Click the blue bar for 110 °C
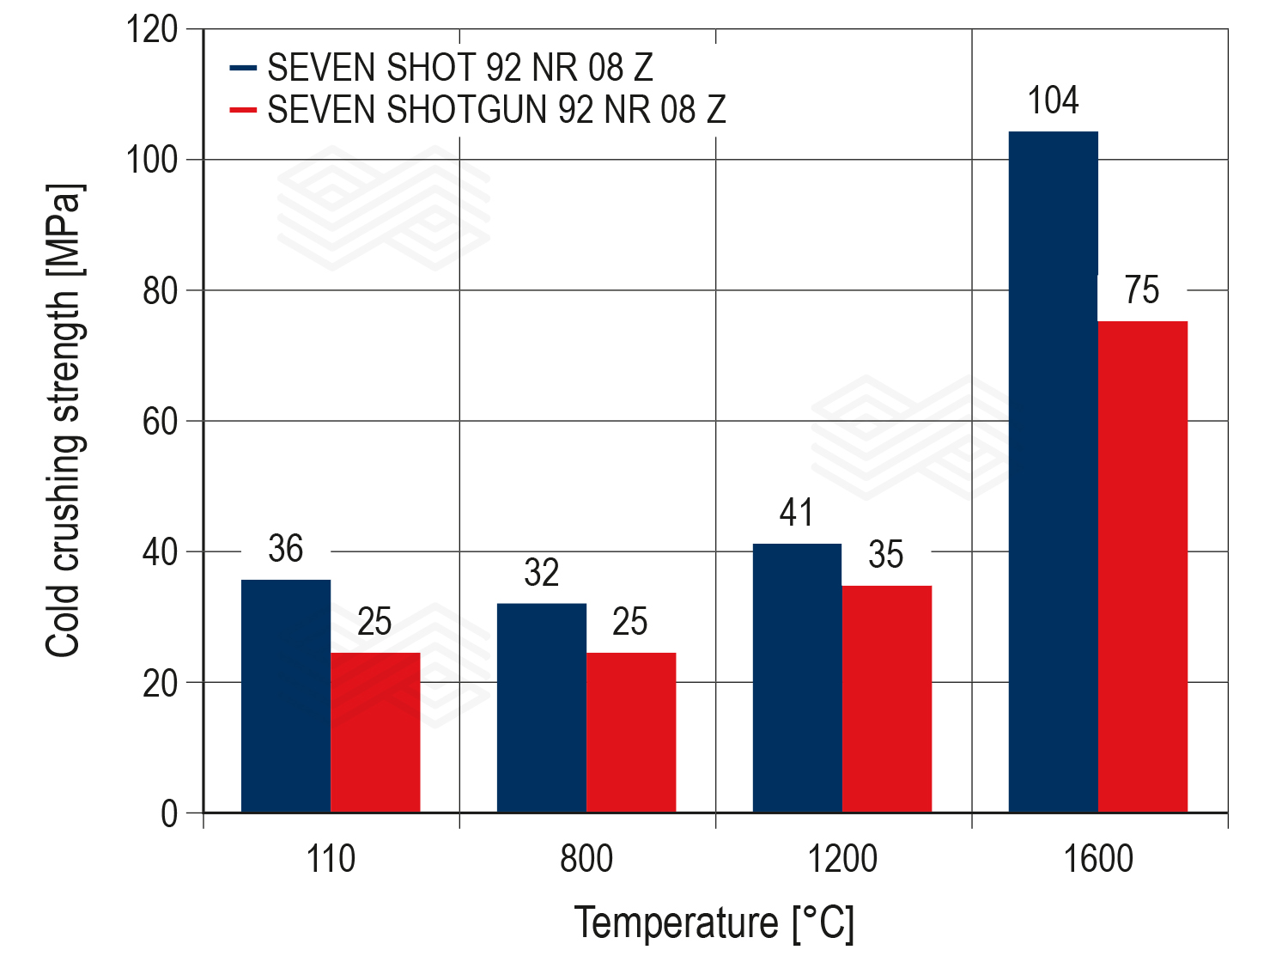click(286, 696)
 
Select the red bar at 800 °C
click(631, 732)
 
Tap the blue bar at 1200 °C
click(797, 678)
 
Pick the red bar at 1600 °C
click(1142, 566)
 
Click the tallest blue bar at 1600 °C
click(1053, 472)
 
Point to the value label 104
click(1053, 101)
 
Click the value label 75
click(1142, 290)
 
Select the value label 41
click(796, 513)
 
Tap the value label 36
click(285, 549)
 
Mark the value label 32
click(541, 573)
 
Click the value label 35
click(885, 555)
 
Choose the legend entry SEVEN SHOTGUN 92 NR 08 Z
click(496, 110)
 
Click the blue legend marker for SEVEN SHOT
click(243, 67)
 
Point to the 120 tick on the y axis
click(152, 30)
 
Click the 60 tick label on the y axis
click(161, 422)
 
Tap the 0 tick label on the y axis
click(169, 813)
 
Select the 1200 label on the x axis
click(842, 859)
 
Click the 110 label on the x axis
click(331, 859)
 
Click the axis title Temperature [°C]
click(714, 923)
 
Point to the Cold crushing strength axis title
click(64, 421)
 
